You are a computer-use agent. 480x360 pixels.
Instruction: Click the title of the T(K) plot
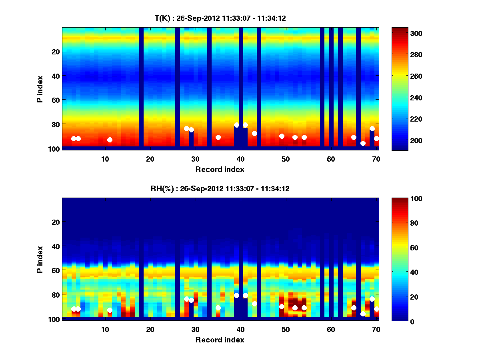point(220,18)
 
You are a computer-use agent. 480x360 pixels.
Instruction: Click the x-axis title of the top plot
point(220,169)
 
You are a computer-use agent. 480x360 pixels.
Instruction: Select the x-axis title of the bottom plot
point(220,340)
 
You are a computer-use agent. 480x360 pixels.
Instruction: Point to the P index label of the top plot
point(40,89)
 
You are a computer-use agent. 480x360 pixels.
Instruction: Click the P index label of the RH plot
point(40,259)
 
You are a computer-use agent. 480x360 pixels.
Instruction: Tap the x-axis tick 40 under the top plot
point(240,159)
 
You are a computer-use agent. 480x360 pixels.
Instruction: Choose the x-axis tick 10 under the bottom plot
point(105,329)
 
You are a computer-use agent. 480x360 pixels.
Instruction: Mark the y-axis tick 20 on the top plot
point(55,52)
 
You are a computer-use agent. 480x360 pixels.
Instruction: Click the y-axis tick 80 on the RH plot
point(55,295)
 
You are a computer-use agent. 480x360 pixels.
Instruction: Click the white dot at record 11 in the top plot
point(110,140)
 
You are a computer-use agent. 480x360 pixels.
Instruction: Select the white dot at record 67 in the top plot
point(363,143)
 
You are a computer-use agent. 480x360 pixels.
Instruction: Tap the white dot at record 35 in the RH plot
point(218,308)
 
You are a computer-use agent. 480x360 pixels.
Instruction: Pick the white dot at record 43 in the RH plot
point(254,304)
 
